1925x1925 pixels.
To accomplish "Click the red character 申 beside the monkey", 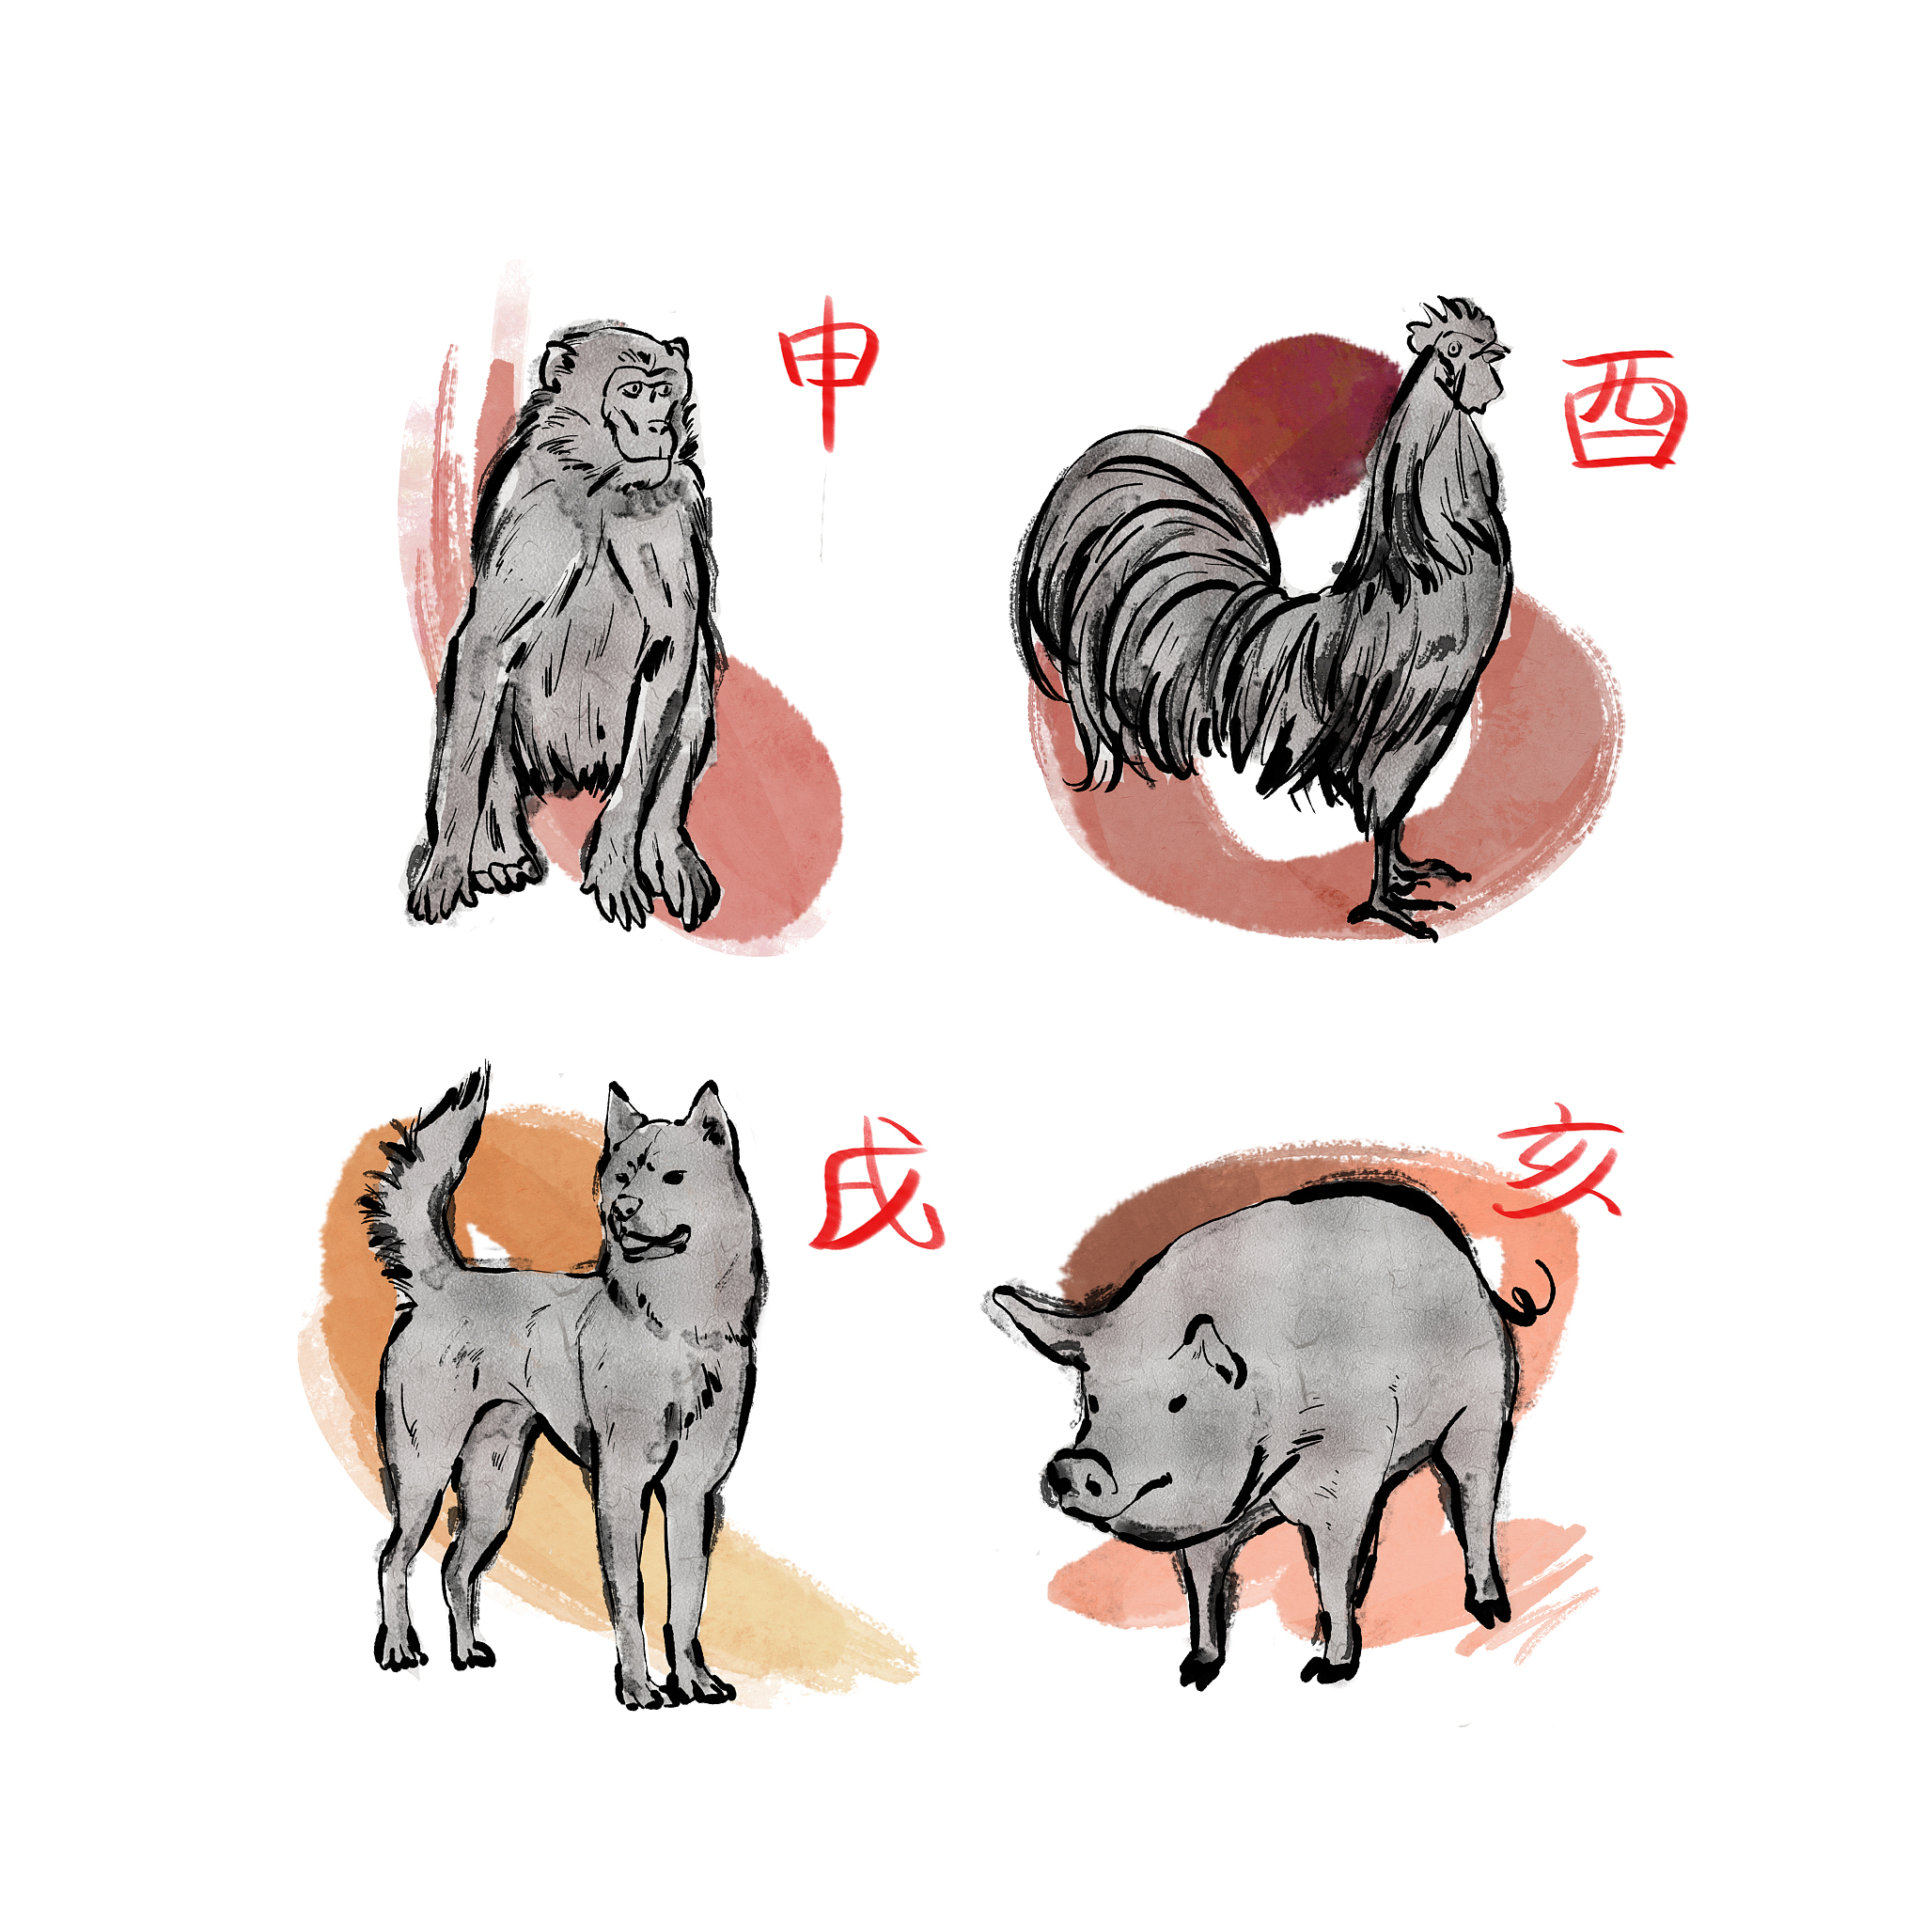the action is coord(829,368).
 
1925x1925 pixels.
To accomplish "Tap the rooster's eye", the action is coord(1456,348).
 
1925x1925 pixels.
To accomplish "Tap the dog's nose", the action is coord(626,1208).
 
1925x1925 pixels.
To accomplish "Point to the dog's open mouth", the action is coord(652,1242).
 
